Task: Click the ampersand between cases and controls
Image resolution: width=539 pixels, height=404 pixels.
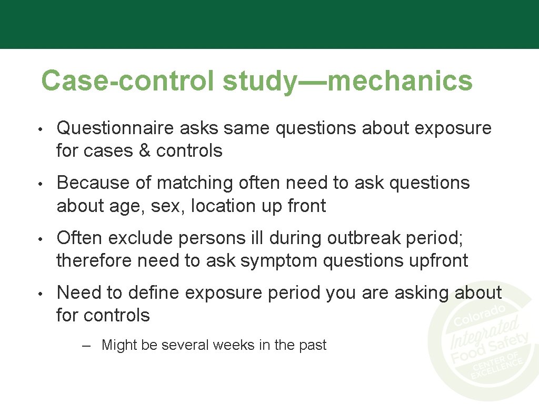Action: [144, 151]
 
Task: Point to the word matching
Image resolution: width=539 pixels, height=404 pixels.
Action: [195, 183]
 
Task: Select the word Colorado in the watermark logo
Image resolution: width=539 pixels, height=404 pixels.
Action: [480, 315]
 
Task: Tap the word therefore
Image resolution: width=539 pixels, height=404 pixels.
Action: [94, 261]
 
